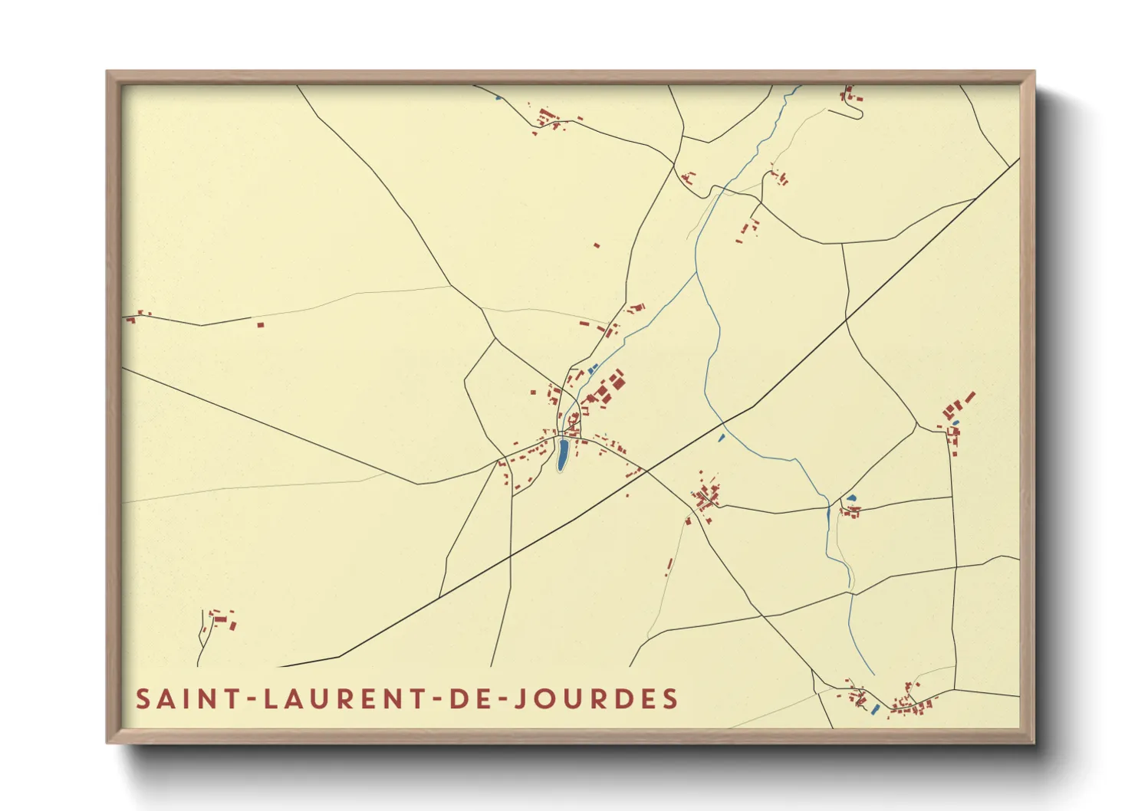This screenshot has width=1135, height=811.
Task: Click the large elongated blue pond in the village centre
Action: (562, 454)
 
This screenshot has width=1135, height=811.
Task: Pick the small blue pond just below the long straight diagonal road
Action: (721, 438)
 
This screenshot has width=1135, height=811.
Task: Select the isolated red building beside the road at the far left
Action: (260, 325)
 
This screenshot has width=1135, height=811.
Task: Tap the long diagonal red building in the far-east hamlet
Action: (969, 397)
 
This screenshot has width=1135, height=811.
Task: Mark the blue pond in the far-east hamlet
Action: (955, 422)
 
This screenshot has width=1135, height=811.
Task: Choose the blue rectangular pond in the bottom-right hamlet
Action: (876, 709)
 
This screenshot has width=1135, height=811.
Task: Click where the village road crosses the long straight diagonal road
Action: (646, 469)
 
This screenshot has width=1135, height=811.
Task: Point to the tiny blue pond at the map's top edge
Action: (498, 97)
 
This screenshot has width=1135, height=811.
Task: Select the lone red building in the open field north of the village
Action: (597, 246)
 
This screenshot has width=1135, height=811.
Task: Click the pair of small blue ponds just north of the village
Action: (592, 369)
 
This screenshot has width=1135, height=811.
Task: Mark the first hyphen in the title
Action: (247, 700)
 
